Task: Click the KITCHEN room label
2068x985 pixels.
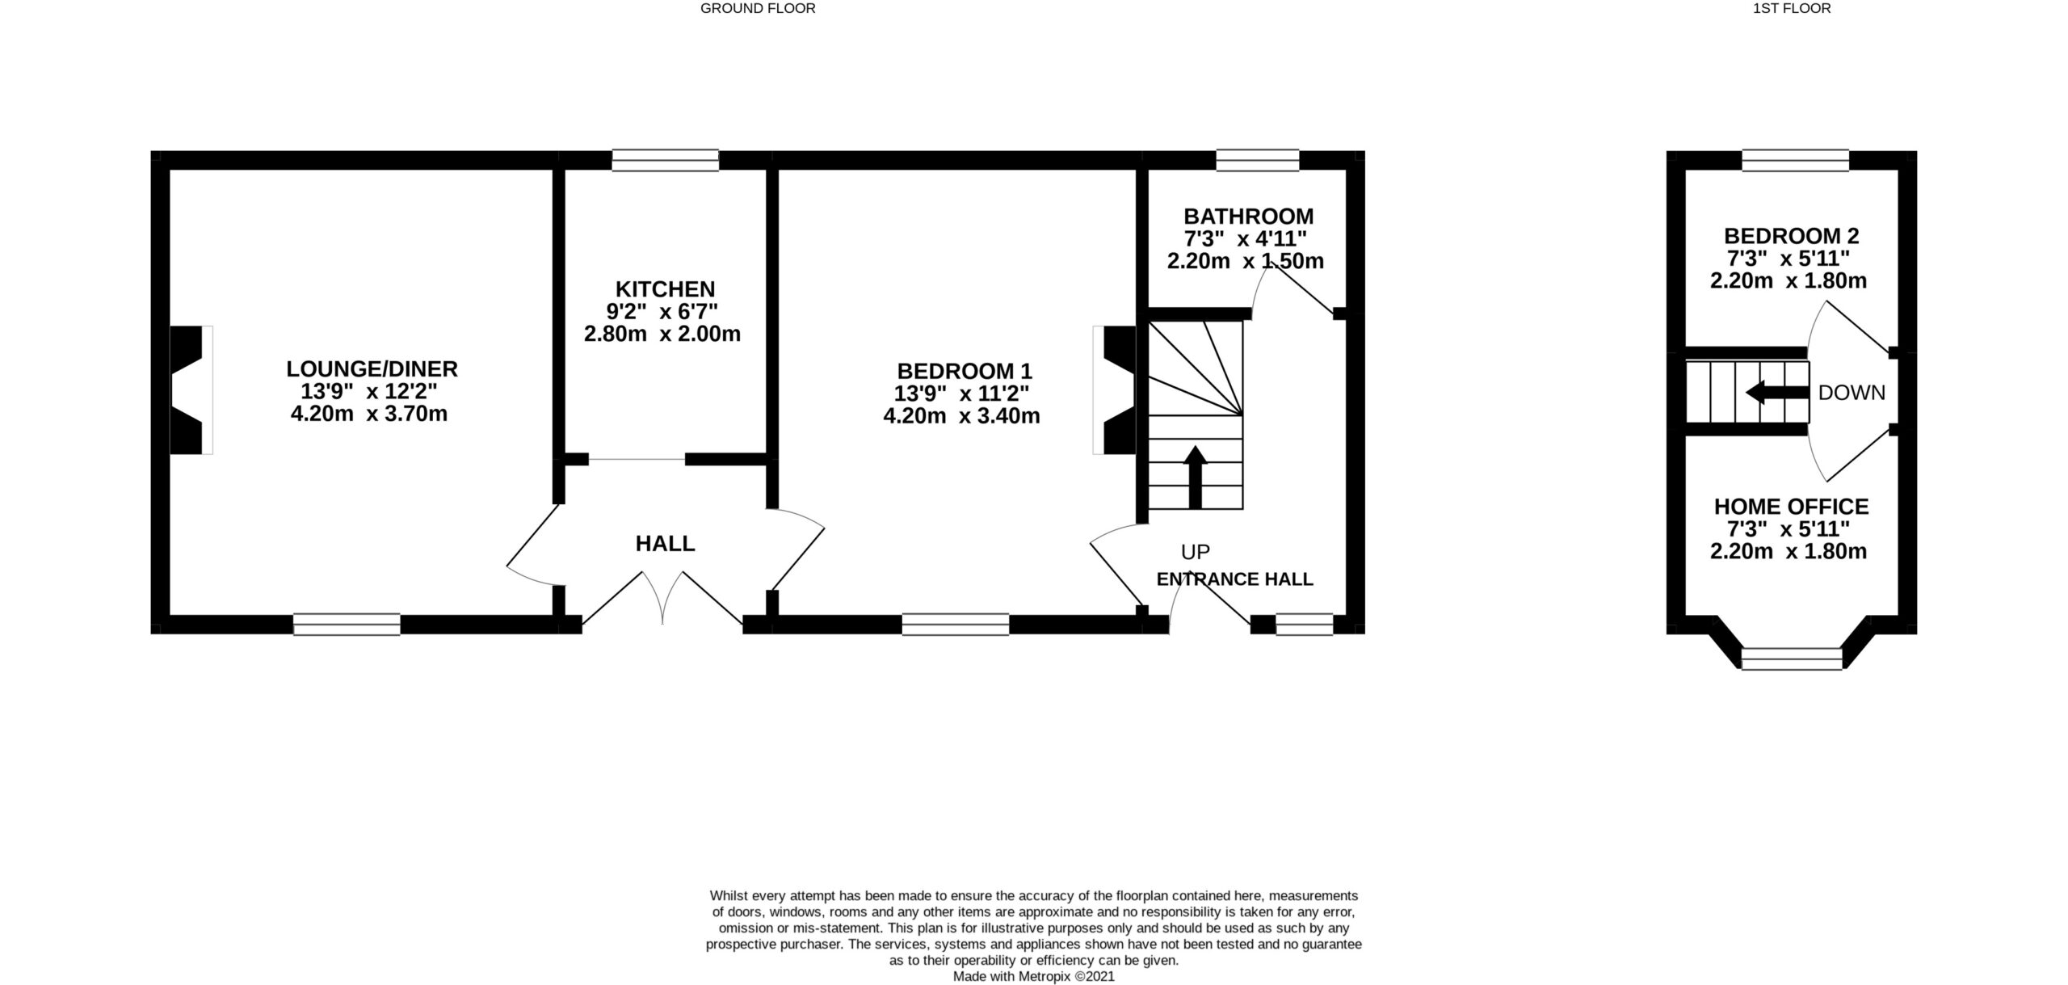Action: pyautogui.click(x=665, y=289)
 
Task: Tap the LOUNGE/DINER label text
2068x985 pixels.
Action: pyautogui.click(x=372, y=369)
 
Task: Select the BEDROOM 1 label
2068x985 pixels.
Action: pyautogui.click(x=965, y=372)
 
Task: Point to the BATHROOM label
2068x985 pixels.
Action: pyautogui.click(x=1248, y=217)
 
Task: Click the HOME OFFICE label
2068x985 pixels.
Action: pyautogui.click(x=1791, y=507)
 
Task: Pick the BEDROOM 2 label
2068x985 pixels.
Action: pyautogui.click(x=1791, y=236)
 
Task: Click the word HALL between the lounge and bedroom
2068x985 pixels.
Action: pyautogui.click(x=665, y=544)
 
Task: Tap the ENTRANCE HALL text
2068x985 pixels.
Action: pyautogui.click(x=1234, y=579)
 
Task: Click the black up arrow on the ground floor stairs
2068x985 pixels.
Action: pyautogui.click(x=1195, y=477)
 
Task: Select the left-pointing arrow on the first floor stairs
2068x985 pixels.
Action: pyautogui.click(x=1777, y=393)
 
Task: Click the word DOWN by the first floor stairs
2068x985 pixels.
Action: pyautogui.click(x=1852, y=393)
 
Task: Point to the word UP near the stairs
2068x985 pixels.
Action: pyautogui.click(x=1196, y=552)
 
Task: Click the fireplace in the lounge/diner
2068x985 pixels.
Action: pyautogui.click(x=191, y=389)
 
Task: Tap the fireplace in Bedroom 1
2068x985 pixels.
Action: pyautogui.click(x=1115, y=389)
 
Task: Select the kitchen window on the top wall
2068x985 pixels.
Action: pyautogui.click(x=665, y=160)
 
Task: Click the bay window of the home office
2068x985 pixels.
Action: pyautogui.click(x=1792, y=659)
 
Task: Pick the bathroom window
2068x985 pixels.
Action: pyautogui.click(x=1258, y=160)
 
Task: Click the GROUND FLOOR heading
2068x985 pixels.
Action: pyautogui.click(x=758, y=9)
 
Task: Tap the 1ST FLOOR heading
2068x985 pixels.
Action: pyautogui.click(x=1792, y=9)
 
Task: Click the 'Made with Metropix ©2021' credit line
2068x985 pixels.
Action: pyautogui.click(x=1034, y=976)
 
